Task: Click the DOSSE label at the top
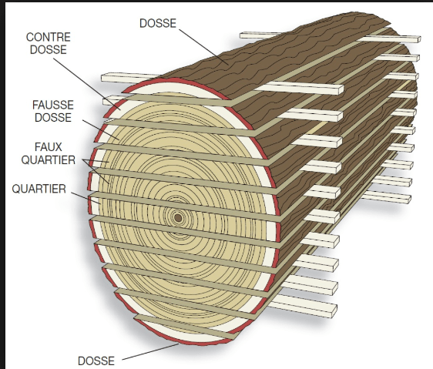tap(158, 23)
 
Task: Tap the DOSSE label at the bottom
tap(96, 361)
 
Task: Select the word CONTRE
tap(49, 37)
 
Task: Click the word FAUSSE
tap(53, 105)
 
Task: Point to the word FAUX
tap(49, 147)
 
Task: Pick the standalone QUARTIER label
tap(39, 189)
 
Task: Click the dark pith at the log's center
tap(178, 218)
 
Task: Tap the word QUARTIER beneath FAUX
tap(49, 160)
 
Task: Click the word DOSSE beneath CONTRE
tap(49, 50)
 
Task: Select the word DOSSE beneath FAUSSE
tap(53, 118)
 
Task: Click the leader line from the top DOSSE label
tap(203, 47)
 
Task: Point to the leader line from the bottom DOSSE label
tap(150, 351)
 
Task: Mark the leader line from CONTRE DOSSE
tap(87, 84)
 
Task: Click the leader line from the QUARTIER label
tap(86, 198)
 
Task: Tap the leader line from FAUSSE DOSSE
tap(101, 130)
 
